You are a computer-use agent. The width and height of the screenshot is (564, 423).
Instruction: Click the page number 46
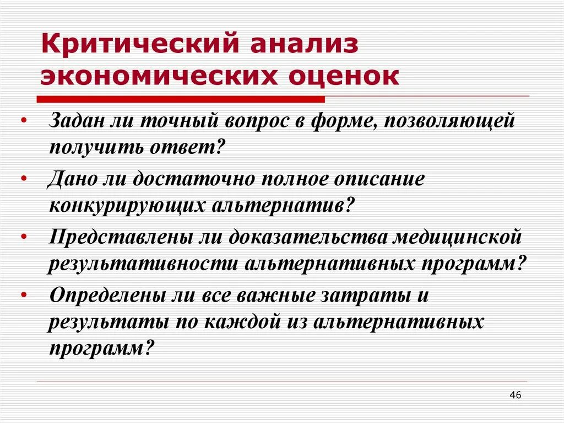point(516,395)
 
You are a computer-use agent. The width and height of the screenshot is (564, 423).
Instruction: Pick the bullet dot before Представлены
point(24,237)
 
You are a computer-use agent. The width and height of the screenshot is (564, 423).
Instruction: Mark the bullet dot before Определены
point(24,296)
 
